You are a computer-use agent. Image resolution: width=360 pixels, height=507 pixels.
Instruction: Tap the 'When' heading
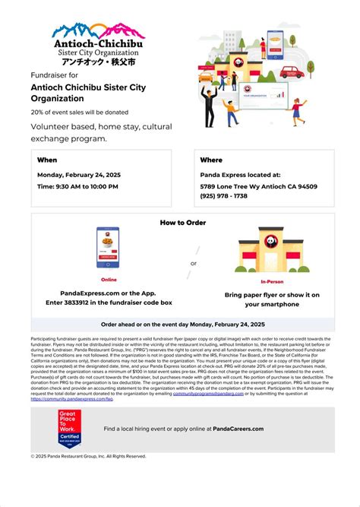[47, 160]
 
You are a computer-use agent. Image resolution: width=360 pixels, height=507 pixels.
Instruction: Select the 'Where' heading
[211, 160]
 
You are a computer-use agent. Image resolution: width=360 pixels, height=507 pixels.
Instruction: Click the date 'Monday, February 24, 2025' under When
[79, 175]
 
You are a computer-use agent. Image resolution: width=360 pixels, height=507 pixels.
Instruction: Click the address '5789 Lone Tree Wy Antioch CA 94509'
[259, 186]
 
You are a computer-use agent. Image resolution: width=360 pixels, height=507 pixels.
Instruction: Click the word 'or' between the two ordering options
[193, 264]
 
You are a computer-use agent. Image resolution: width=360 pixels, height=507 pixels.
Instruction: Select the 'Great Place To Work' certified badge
[70, 429]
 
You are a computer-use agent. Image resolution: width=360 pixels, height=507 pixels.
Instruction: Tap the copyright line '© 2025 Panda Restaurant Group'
[88, 456]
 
